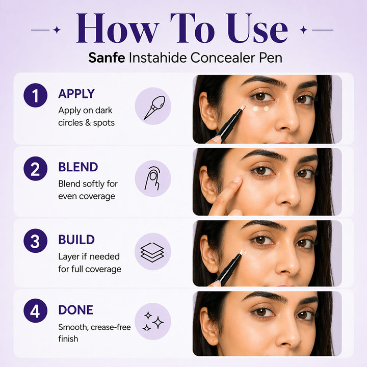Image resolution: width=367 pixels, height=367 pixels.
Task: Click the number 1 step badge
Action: (x=35, y=95)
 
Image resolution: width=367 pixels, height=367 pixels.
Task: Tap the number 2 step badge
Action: (x=35, y=169)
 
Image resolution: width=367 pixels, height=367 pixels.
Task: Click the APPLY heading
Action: (x=76, y=94)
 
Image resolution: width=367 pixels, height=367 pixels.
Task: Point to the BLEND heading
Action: (x=78, y=167)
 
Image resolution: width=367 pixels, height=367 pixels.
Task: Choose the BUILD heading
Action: (x=76, y=240)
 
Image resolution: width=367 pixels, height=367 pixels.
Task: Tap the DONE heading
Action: (x=75, y=310)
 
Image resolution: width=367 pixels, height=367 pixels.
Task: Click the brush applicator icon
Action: (x=153, y=107)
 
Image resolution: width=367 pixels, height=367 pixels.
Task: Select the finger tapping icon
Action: (x=153, y=179)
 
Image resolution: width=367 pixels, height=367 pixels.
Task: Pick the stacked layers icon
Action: (x=153, y=251)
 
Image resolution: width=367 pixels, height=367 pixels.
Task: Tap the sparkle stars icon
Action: (x=153, y=322)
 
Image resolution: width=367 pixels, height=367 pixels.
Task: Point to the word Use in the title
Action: (x=257, y=30)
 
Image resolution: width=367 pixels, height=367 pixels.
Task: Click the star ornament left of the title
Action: (x=57, y=30)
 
